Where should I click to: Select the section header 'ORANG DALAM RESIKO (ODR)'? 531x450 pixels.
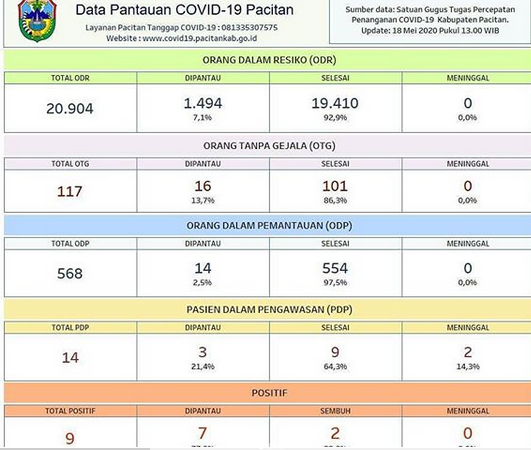coord(265,60)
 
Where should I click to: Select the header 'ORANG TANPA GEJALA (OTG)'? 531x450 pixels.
coord(265,144)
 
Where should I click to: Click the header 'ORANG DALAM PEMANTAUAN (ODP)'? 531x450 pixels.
coord(265,226)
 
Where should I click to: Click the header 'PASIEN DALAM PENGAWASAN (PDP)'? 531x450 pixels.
coord(265,310)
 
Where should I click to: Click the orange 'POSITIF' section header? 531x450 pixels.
coord(265,393)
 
